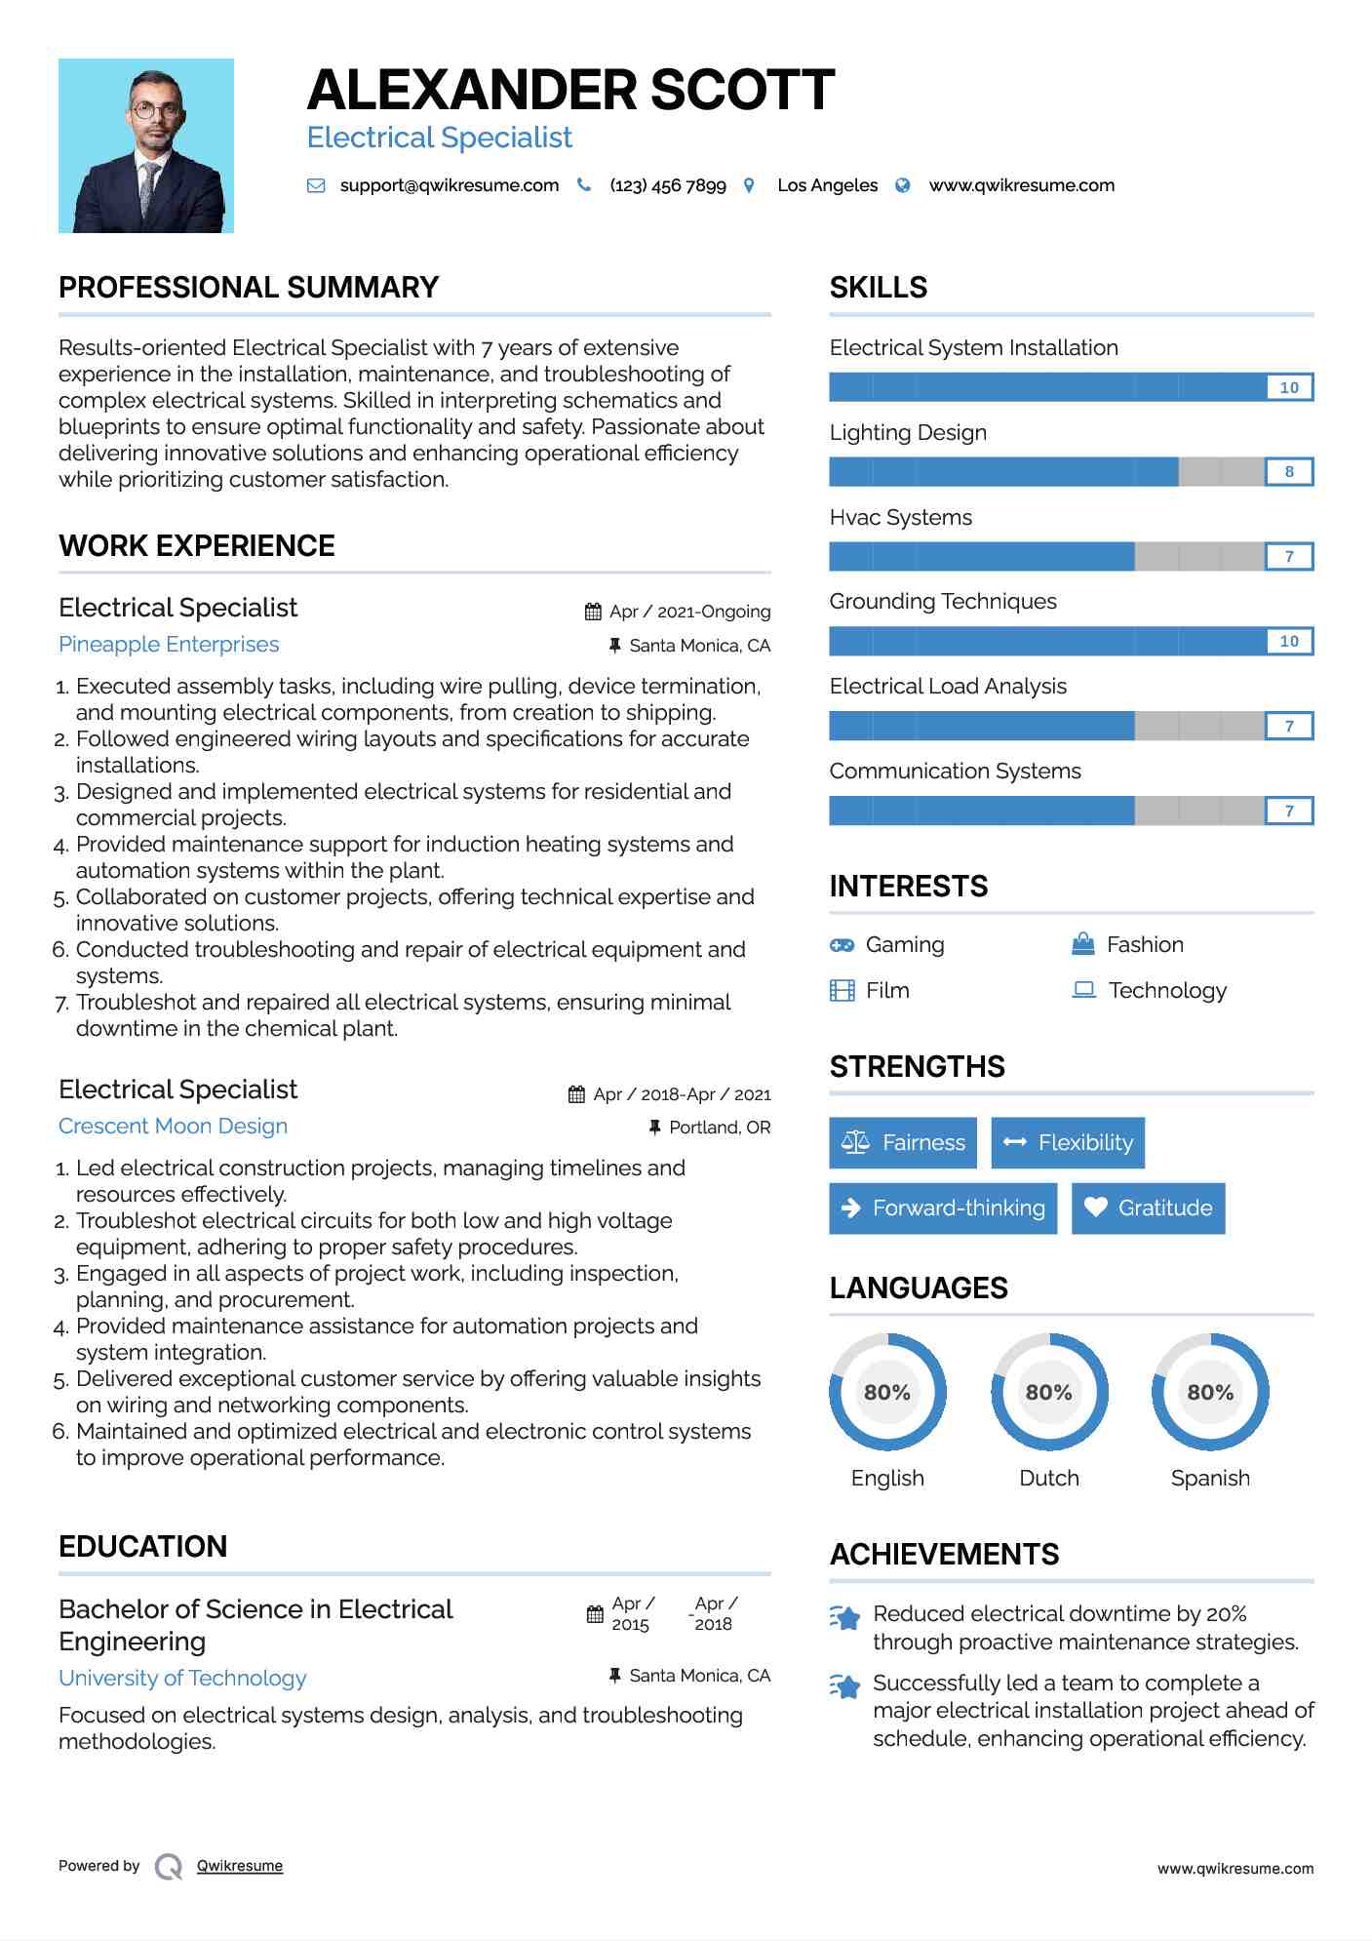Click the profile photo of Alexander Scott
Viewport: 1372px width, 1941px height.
pyautogui.click(x=146, y=146)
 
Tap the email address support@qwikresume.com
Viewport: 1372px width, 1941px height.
pyautogui.click(x=449, y=185)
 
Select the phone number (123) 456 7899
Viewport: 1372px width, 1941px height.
pyautogui.click(x=668, y=185)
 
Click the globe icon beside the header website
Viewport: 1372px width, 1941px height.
pyautogui.click(x=903, y=185)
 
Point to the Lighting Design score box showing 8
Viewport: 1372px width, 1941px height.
pyautogui.click(x=1289, y=472)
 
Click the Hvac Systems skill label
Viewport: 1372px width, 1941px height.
pyautogui.click(x=900, y=517)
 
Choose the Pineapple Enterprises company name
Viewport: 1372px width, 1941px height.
pyautogui.click(x=169, y=645)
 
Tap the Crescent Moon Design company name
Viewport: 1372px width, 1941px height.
pyautogui.click(x=173, y=1127)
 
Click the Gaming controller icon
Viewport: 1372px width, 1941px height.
pyautogui.click(x=842, y=945)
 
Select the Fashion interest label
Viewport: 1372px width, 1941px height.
pyautogui.click(x=1145, y=945)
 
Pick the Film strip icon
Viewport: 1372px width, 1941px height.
pyautogui.click(x=842, y=991)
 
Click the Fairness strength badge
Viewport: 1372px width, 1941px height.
pyautogui.click(x=903, y=1142)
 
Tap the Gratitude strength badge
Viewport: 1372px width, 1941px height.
pyautogui.click(x=1148, y=1208)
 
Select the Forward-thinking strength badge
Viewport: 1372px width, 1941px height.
pyautogui.click(x=943, y=1208)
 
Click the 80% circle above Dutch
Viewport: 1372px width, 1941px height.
pyautogui.click(x=1049, y=1392)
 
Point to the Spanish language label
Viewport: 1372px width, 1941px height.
pyautogui.click(x=1210, y=1478)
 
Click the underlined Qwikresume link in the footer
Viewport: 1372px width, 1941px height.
pyautogui.click(x=240, y=1866)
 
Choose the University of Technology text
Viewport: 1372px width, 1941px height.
pyautogui.click(x=182, y=1679)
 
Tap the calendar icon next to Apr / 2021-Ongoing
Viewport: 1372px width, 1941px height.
pyautogui.click(x=593, y=612)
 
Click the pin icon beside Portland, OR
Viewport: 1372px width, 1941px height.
pyautogui.click(x=654, y=1128)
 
